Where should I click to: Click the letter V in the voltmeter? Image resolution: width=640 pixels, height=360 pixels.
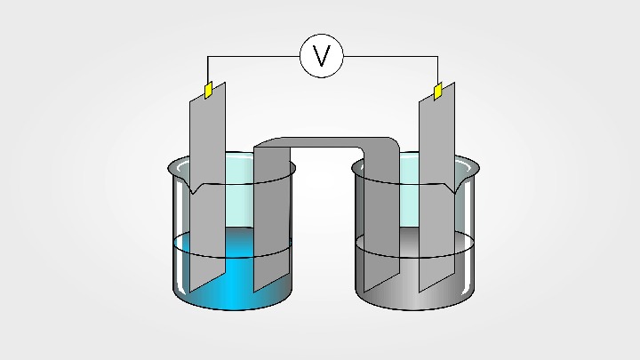[322, 57]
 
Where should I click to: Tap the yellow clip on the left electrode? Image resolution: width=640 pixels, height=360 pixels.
[208, 90]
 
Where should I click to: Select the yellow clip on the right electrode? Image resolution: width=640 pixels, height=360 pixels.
[437, 91]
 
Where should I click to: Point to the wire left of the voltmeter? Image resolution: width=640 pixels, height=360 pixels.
[258, 57]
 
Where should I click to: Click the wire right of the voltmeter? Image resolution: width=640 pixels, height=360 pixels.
[391, 57]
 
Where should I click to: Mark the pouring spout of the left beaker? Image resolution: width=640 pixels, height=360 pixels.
[192, 188]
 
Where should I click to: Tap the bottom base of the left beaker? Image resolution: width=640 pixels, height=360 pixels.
[233, 306]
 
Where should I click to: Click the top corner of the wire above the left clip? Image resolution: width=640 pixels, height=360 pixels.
[208, 57]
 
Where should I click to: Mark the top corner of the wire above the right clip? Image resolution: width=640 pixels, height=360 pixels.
[437, 57]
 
